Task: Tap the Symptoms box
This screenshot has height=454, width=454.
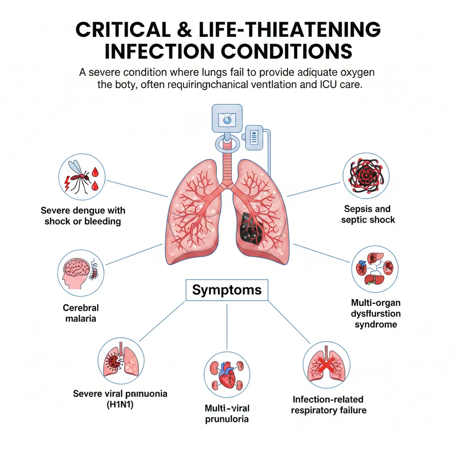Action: click(x=227, y=290)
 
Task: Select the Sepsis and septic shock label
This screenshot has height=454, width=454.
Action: click(x=368, y=214)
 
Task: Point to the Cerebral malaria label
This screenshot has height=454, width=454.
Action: click(x=81, y=313)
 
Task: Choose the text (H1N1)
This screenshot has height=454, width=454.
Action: click(x=120, y=404)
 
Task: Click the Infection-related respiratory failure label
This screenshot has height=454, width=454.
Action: click(x=329, y=405)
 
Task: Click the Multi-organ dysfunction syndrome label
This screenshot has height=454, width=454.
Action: click(x=376, y=313)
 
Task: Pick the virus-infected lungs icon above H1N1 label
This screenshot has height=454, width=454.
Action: click(x=120, y=360)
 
